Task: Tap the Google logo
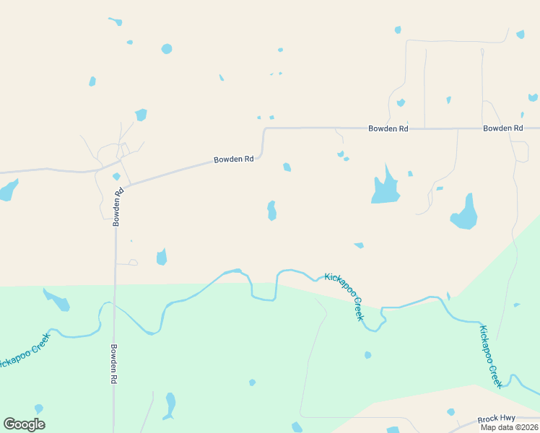24,424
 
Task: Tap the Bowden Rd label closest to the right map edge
502,128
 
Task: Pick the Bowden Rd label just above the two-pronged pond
388,128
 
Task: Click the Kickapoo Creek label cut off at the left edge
25,351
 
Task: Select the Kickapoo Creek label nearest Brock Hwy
490,357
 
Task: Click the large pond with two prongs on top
385,190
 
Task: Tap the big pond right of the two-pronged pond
464,214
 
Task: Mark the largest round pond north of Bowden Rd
167,49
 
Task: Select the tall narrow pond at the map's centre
271,211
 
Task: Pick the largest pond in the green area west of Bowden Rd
57,299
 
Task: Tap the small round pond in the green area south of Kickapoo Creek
367,355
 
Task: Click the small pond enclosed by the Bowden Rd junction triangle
116,176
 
